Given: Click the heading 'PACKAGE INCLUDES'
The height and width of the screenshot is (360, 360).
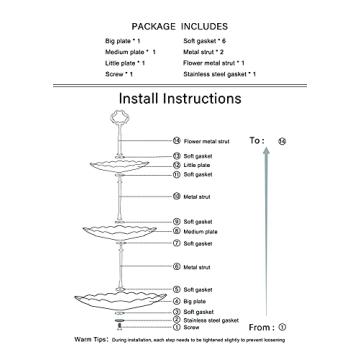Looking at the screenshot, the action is pos(180,26).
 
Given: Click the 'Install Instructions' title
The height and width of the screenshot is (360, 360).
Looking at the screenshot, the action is pos(180,98).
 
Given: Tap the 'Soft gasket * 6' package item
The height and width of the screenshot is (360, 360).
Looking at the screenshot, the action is pos(206,41).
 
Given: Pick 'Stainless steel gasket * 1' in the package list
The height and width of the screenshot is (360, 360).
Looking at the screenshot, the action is pos(219,74).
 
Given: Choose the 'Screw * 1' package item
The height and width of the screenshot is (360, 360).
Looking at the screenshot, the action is pos(119,74).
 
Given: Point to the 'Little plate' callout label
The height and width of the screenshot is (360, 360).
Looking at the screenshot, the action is pos(196,165).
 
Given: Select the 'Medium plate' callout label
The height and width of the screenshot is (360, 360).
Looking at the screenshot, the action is pos(198,232).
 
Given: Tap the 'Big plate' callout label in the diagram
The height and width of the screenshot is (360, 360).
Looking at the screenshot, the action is pos(195,300).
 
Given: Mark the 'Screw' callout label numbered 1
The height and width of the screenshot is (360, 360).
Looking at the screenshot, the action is pos(191,327).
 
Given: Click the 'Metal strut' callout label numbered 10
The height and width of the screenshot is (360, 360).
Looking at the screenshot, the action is pos(196,198).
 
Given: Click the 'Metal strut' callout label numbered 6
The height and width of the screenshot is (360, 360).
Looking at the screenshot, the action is pos(196,267).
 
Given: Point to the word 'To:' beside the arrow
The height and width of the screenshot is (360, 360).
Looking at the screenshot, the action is pos(257,141).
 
